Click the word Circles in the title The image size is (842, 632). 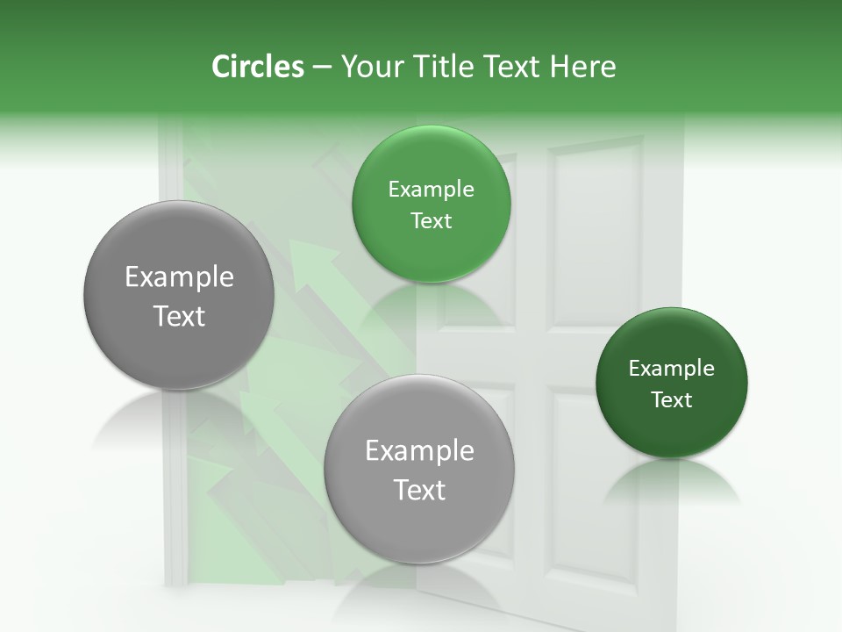click(x=257, y=67)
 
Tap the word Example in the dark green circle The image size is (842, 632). click(x=671, y=369)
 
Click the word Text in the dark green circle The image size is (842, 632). click(x=671, y=400)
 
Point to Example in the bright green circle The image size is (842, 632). click(x=431, y=190)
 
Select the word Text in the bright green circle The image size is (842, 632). click(x=431, y=221)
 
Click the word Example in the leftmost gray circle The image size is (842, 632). click(x=179, y=277)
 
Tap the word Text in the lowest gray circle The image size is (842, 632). click(x=418, y=490)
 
